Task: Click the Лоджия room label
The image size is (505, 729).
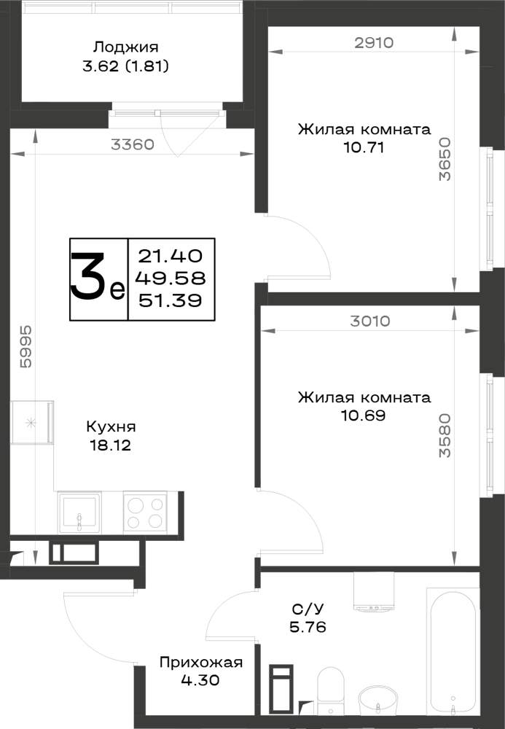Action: [x=126, y=47]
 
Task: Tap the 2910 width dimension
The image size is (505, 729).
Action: [x=374, y=43]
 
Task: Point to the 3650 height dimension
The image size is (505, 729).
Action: [x=445, y=158]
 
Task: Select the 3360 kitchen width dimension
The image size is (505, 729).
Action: [x=133, y=144]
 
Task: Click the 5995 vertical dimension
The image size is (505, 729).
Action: [x=26, y=347]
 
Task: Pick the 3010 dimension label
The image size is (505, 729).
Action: [x=369, y=321]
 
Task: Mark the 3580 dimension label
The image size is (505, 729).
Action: [x=445, y=436]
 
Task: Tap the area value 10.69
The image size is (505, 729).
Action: [x=364, y=416]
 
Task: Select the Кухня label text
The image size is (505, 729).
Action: [x=111, y=426]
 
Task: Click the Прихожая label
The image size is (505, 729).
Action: [x=200, y=662]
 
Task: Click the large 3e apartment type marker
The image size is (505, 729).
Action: [x=98, y=279]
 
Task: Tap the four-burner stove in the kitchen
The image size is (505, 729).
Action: [x=145, y=512]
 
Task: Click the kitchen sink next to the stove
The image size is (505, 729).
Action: [x=79, y=513]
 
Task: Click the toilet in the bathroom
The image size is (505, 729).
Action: [x=331, y=690]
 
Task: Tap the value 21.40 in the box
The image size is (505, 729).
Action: [x=171, y=256]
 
